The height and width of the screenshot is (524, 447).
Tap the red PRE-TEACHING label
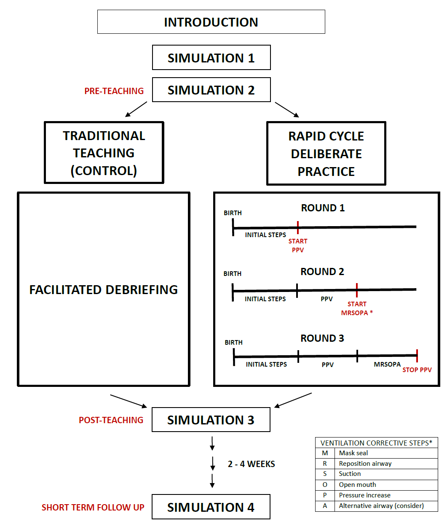(x=114, y=91)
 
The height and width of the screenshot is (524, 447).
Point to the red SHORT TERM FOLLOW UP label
(x=93, y=507)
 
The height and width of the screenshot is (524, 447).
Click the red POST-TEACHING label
(x=111, y=420)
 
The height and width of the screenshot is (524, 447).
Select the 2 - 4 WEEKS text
(x=251, y=464)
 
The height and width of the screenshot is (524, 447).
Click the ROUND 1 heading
(x=323, y=208)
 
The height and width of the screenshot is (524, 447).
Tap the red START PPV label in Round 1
(x=298, y=246)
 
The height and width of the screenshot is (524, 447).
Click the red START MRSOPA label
(x=357, y=308)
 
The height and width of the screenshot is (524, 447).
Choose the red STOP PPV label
(x=417, y=370)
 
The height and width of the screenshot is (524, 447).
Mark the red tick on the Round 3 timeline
(x=417, y=356)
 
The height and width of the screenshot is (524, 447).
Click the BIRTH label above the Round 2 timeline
(x=233, y=274)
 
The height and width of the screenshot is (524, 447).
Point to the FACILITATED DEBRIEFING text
(x=104, y=290)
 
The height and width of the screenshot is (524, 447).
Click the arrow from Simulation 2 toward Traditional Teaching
(x=136, y=109)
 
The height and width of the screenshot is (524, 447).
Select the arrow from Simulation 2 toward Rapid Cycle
(x=287, y=110)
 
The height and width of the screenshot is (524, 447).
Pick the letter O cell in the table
(x=325, y=484)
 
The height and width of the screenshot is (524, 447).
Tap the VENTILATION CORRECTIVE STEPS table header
(x=376, y=443)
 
